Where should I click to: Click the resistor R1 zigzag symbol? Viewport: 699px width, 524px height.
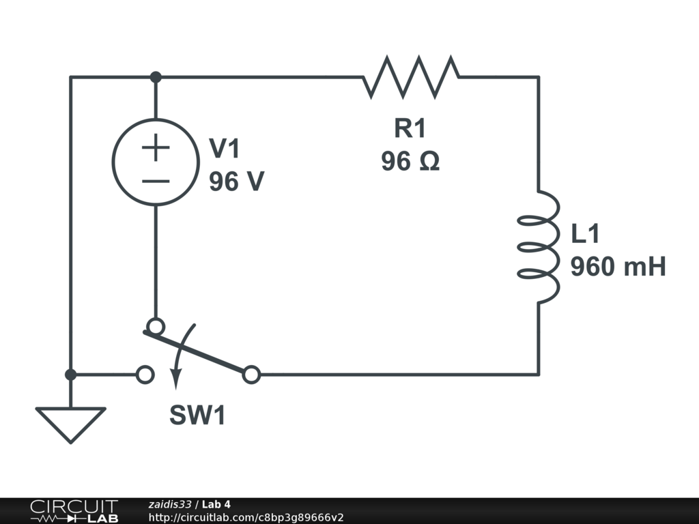point(411,77)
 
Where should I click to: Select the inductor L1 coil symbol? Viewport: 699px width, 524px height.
point(539,246)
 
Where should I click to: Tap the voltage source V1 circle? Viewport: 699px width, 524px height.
point(156,162)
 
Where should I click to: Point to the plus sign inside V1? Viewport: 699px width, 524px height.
point(156,147)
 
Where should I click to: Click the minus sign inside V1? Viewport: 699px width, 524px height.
point(156,181)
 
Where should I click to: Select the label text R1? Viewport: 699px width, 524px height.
point(410,128)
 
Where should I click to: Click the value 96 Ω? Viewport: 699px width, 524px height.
point(410,162)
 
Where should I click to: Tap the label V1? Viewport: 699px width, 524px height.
point(225,148)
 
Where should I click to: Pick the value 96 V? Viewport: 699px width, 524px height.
point(236,181)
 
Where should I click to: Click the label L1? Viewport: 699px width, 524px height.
point(585,234)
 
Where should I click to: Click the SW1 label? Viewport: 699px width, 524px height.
point(197,416)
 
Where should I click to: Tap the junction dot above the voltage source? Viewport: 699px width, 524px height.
point(156,77)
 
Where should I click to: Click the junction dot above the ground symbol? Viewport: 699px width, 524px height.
point(70,375)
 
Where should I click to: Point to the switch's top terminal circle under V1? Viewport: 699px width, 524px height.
point(156,326)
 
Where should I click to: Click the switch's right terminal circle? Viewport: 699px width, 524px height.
point(252,375)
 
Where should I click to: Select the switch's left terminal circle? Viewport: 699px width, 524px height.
point(145,375)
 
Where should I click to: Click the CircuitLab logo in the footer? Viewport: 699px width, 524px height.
point(74,511)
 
